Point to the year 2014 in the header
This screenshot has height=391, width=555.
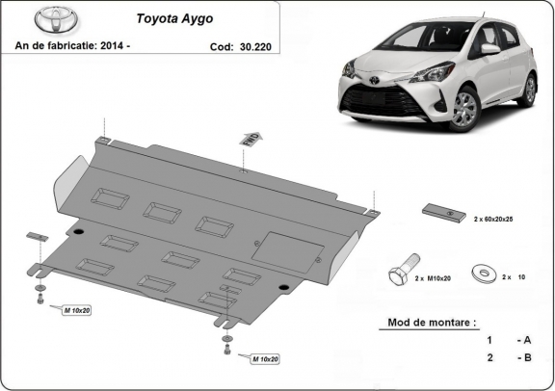coord(129,45)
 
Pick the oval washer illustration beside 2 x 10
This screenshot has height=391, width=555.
coord(481,274)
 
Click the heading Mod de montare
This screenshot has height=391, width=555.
coord(433,322)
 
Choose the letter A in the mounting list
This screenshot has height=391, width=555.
coord(526,340)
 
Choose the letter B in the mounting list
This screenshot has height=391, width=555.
coord(526,358)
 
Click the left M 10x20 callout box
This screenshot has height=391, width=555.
coord(77,311)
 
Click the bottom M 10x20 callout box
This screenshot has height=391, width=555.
coord(263,360)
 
